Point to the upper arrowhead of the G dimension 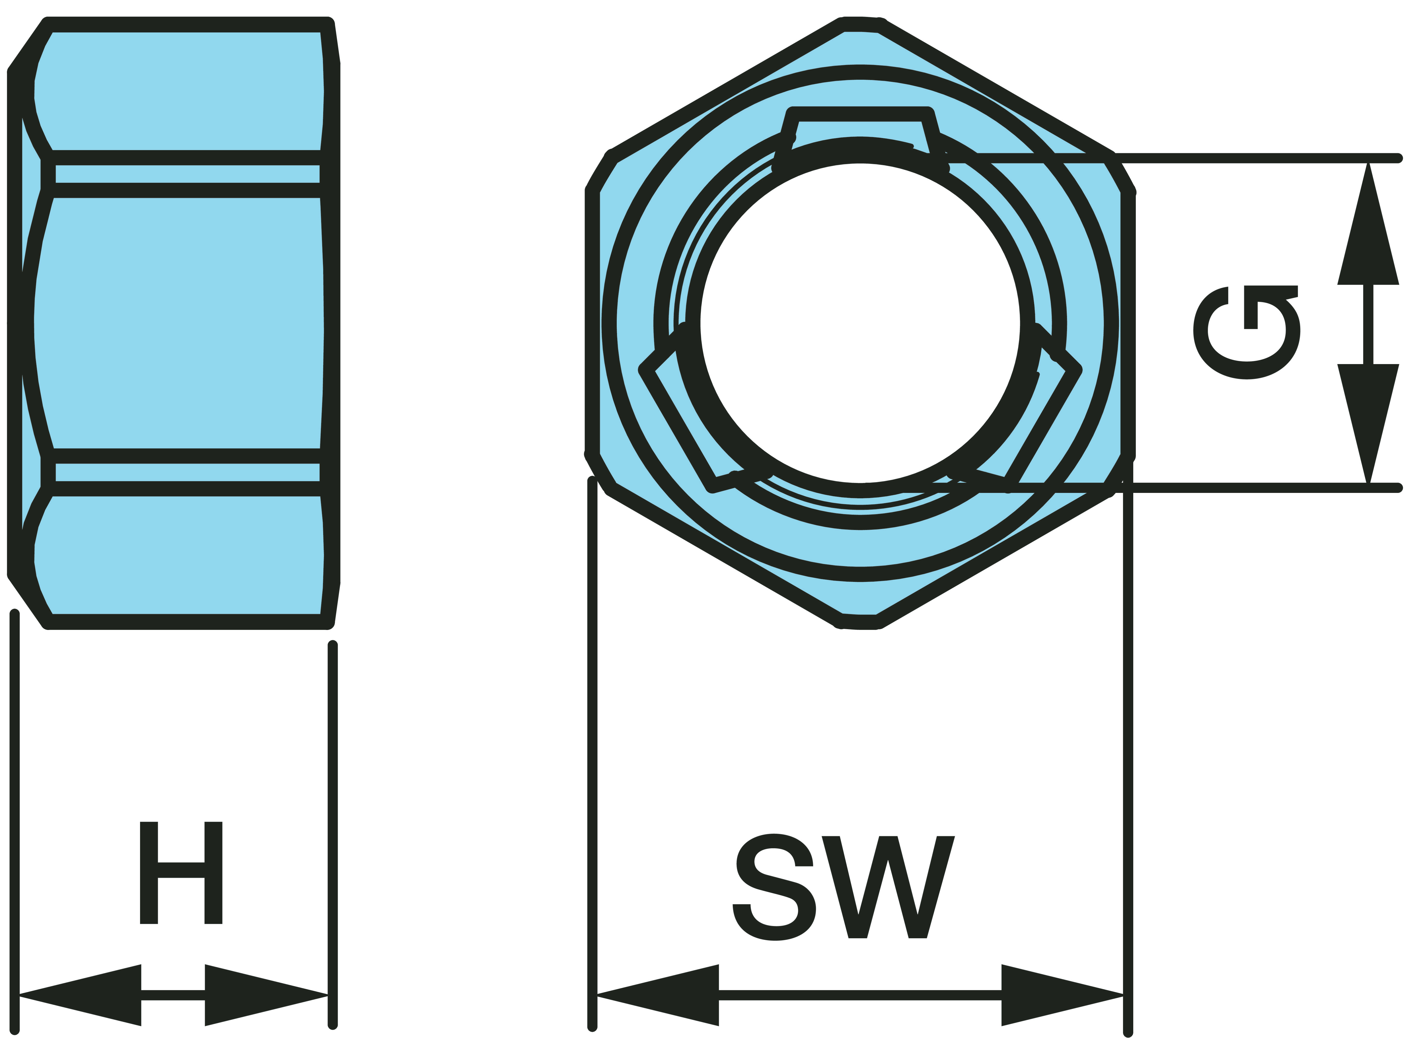tap(1368, 226)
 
